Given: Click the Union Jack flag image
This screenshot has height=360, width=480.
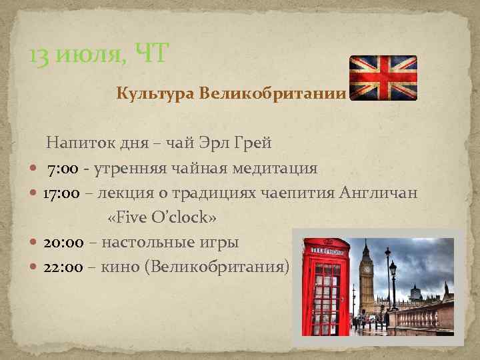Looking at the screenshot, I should coord(383,77).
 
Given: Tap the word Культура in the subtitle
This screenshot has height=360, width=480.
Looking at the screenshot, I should coord(155,93).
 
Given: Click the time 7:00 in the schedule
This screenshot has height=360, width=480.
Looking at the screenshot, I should coord(64,168).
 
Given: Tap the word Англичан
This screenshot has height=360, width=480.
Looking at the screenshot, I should coord(379,193).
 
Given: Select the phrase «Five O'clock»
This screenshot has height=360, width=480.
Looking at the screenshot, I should coord(162,218).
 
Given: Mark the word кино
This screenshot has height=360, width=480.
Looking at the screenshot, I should coord(124,267).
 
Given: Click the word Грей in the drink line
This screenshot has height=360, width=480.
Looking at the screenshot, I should coord(253,142).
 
